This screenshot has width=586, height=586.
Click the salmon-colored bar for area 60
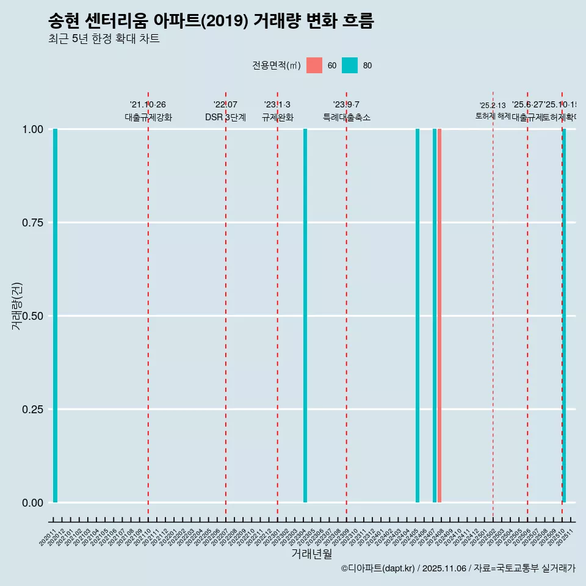pos(440,316)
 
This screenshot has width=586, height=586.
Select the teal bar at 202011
pos(55,316)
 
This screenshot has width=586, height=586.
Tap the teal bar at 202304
pos(305,316)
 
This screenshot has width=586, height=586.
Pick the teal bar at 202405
pos(418,316)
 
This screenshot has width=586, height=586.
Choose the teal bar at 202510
pos(564,316)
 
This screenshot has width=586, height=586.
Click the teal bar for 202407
pos(435,316)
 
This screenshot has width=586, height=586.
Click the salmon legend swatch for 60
pos(314,65)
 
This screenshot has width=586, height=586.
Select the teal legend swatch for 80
pos(350,65)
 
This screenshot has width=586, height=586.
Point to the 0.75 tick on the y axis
pos(31,223)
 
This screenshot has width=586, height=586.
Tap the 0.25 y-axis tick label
pos(31,410)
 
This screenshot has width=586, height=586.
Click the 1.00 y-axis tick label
pos(31,129)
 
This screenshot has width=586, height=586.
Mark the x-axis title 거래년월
pos(311,554)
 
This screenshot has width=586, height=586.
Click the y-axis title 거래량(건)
pos(17,306)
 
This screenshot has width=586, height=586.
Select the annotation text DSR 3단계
pos(225,117)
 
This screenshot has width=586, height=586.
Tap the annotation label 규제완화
pos(278,117)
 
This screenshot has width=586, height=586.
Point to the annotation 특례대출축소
pos(347,117)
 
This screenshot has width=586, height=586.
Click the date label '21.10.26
pos(148,105)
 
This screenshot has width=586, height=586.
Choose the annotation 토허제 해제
pos(493,116)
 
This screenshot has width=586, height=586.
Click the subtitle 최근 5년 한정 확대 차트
pos(104,39)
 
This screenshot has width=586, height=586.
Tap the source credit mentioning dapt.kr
pos(458,568)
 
